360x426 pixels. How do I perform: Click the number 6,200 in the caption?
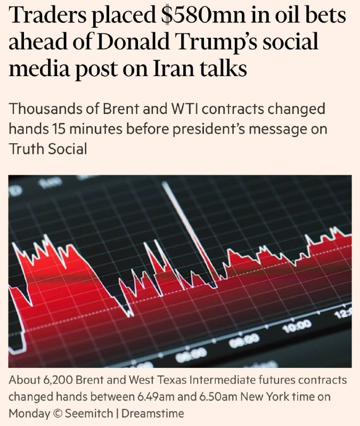pos(59,381)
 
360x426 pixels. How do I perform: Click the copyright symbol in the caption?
pos(58,414)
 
